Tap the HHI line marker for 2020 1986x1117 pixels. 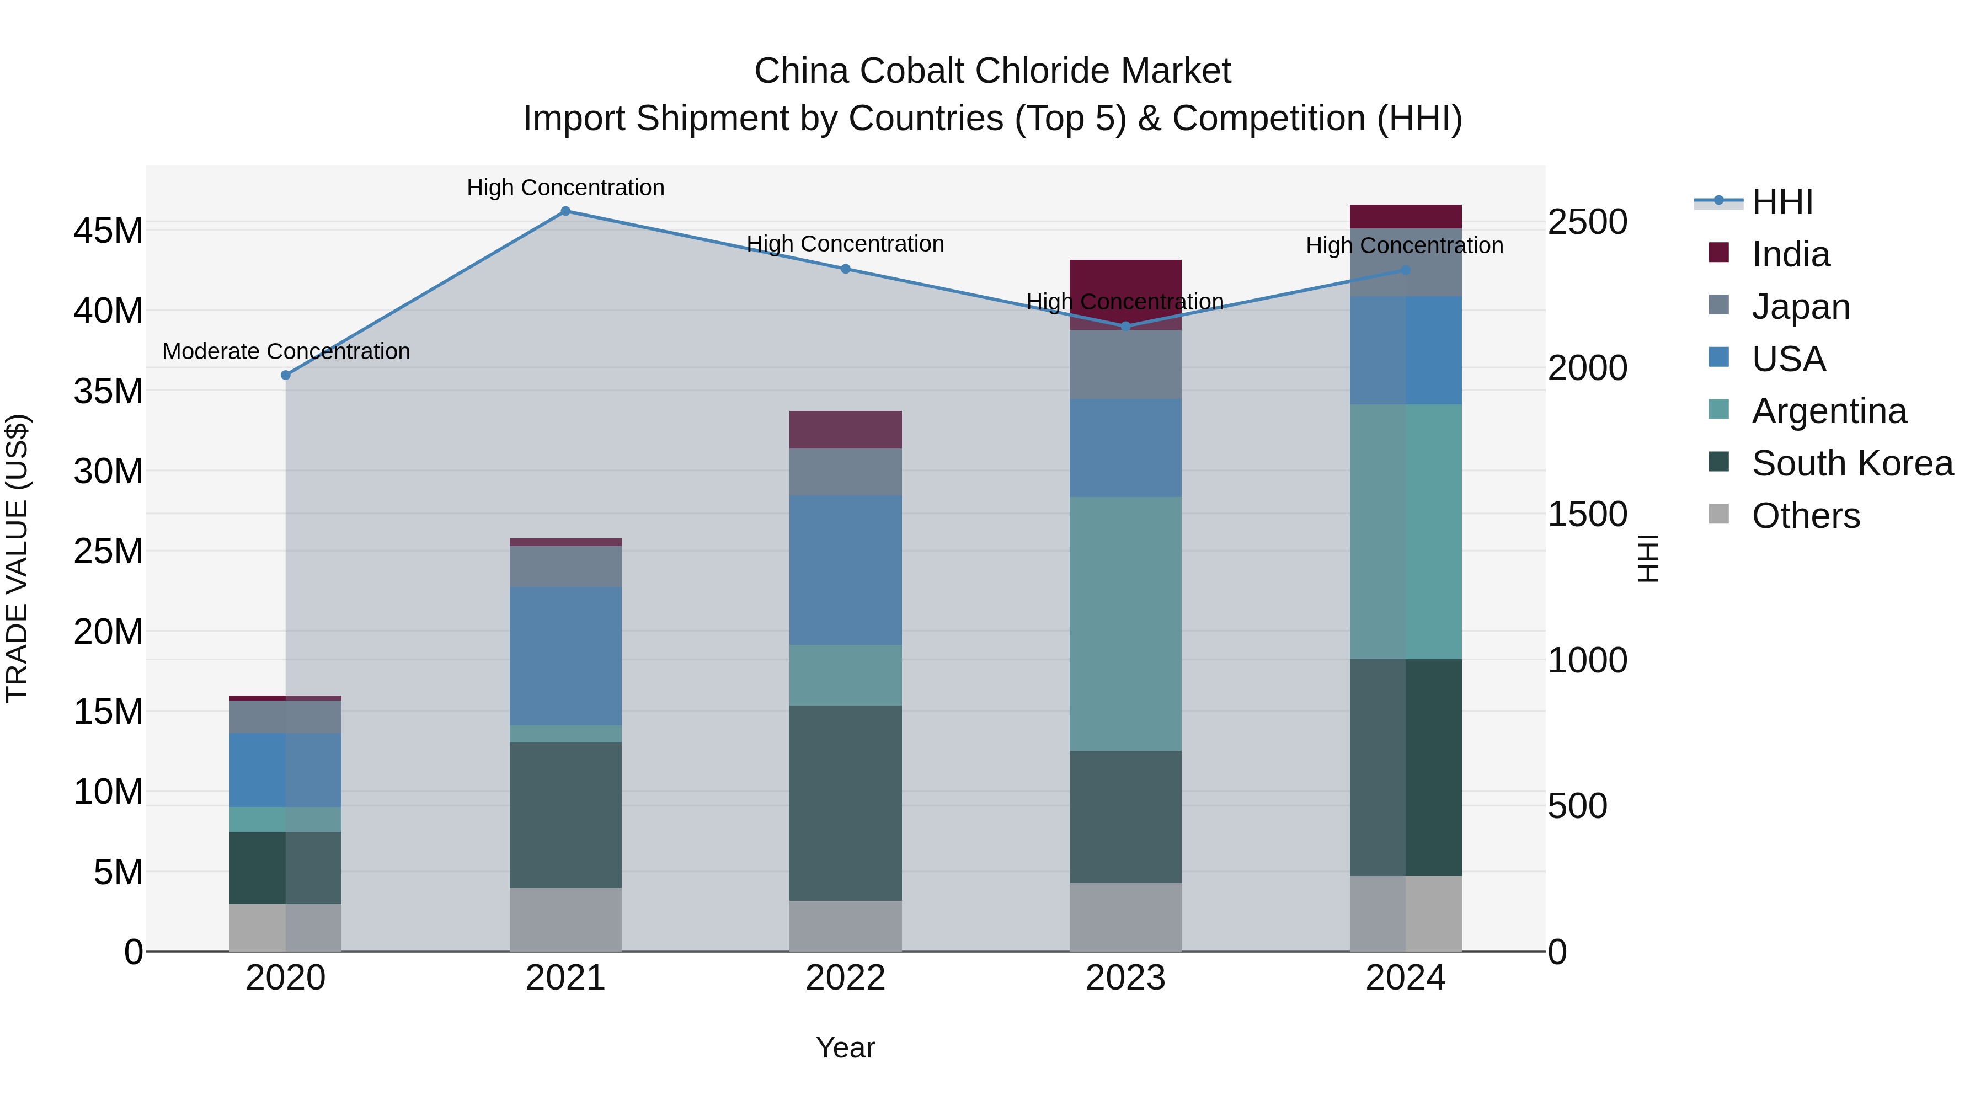coord(285,376)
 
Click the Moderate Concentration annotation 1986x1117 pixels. coord(286,351)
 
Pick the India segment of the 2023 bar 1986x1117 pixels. coord(1125,277)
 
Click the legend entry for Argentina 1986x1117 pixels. coord(1829,411)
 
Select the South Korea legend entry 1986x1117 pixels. coord(1852,463)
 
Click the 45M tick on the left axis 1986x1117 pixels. coord(108,231)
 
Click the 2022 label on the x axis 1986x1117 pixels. coord(845,978)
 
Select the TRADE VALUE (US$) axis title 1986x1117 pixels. coord(17,558)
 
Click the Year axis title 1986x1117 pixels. coord(845,1047)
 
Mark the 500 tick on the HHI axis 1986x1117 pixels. coord(1577,806)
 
